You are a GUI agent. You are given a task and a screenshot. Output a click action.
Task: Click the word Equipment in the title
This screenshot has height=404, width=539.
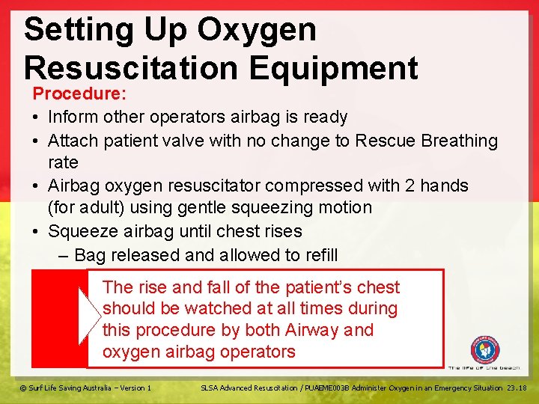pos(334,68)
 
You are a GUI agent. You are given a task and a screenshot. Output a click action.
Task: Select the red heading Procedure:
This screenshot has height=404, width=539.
pos(79,94)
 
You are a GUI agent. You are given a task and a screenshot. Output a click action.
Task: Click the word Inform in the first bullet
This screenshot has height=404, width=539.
pos(71,117)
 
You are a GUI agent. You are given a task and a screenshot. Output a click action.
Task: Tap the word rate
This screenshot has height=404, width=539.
pos(63,162)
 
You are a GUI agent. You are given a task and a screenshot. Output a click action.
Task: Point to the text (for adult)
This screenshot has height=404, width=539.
pos(86,208)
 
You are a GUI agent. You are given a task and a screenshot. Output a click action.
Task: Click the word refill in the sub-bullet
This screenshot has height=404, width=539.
pos(317,255)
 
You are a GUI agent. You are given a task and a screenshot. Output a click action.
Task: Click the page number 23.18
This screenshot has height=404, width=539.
pos(517,388)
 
